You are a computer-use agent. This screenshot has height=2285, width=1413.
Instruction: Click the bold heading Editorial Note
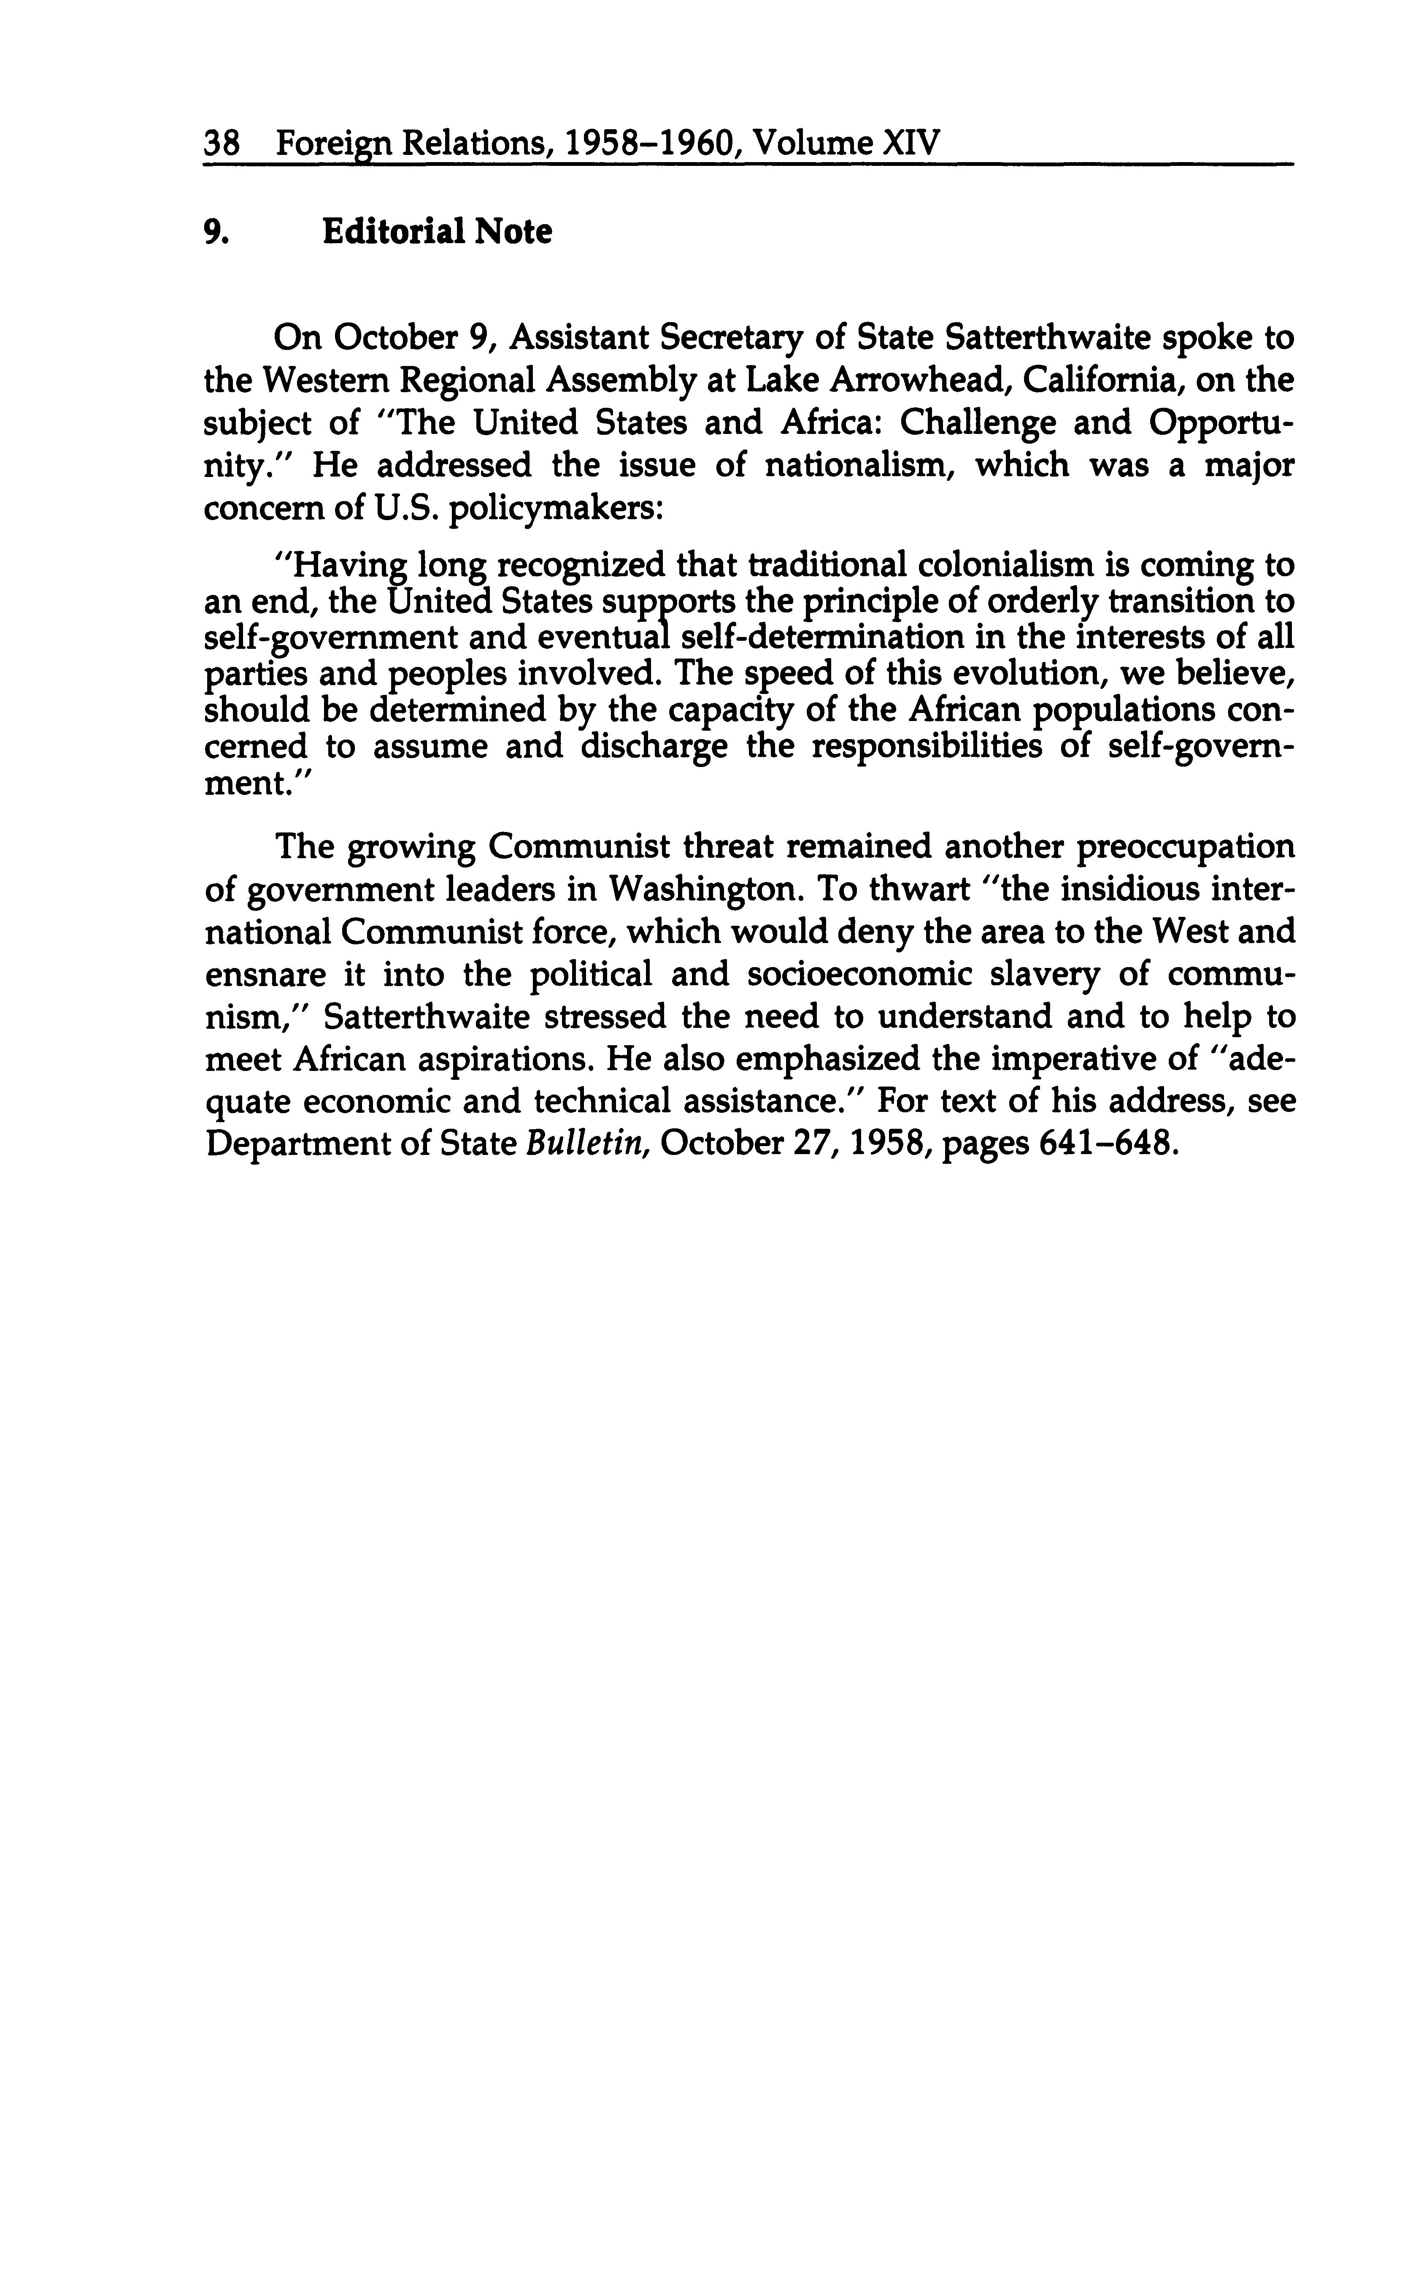(436, 231)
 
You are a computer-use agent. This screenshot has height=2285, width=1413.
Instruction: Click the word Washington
(705, 888)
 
